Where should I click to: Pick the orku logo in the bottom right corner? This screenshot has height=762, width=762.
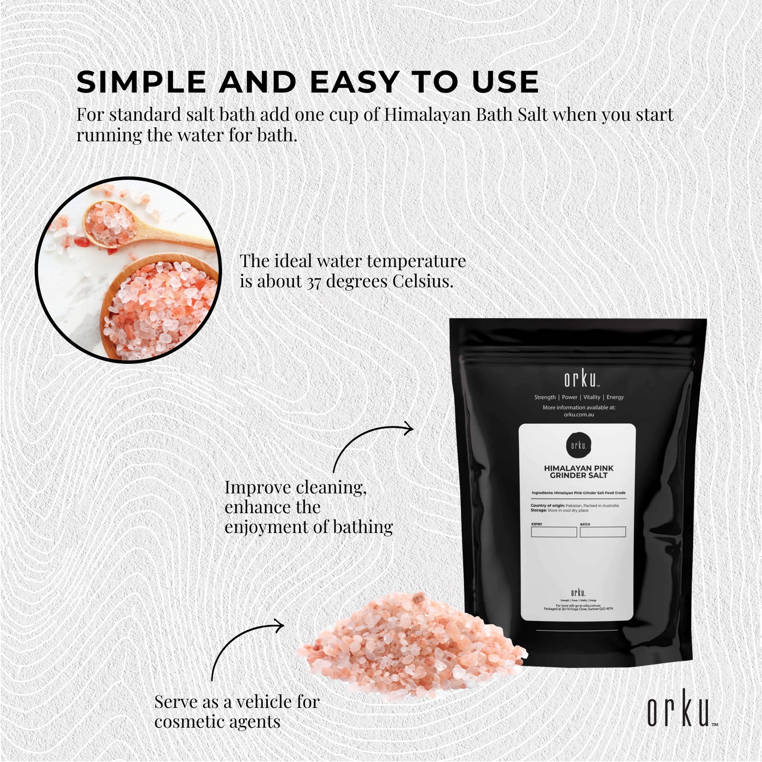tap(680, 709)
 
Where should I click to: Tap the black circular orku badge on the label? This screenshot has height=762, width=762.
tap(578, 446)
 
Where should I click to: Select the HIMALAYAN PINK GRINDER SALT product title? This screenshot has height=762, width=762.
tap(578, 471)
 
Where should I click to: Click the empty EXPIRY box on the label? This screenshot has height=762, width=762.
tap(554, 532)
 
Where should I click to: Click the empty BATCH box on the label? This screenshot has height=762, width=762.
tap(603, 532)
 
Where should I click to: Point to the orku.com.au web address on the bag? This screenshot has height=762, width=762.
tap(578, 414)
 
